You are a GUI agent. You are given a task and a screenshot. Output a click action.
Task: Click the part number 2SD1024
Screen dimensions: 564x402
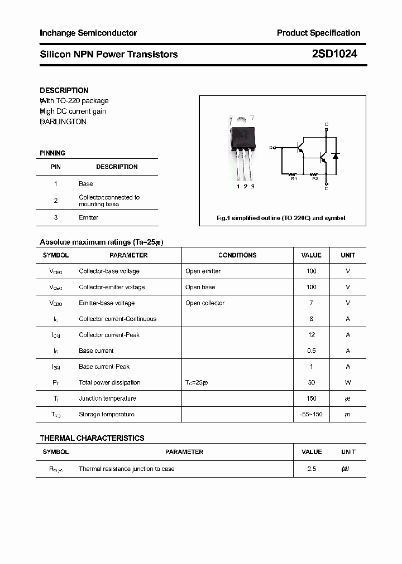click(x=334, y=54)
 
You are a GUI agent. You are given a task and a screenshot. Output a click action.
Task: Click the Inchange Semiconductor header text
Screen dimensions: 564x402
click(x=88, y=33)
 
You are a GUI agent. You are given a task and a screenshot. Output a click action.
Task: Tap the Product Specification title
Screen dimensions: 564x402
click(x=318, y=33)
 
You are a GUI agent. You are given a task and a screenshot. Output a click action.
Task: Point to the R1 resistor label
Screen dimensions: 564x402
click(x=294, y=178)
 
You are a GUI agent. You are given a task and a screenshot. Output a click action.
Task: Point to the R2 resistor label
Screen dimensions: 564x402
click(x=315, y=178)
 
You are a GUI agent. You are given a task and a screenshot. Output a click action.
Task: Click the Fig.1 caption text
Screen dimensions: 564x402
click(x=281, y=218)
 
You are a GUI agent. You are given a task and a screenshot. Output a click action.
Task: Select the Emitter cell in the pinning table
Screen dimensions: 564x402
click(x=88, y=217)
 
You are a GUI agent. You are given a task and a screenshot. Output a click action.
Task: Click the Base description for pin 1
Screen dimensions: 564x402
click(x=86, y=183)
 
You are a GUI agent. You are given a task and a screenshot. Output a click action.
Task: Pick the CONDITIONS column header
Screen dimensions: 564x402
click(x=237, y=255)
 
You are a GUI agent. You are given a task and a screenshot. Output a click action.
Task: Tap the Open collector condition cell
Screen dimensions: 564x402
click(x=205, y=303)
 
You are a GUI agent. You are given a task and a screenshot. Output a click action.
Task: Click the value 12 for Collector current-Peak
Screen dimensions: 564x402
click(x=312, y=335)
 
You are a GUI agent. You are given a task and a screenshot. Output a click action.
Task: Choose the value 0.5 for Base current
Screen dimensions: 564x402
click(x=312, y=351)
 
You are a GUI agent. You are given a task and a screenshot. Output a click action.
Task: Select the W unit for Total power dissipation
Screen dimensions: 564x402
click(x=348, y=382)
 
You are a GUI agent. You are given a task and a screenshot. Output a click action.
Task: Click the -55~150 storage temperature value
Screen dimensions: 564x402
click(x=312, y=414)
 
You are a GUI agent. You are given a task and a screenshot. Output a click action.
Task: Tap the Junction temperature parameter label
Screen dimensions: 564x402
click(x=107, y=398)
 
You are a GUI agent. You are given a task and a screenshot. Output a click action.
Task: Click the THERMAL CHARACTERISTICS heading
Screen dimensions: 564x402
click(x=92, y=438)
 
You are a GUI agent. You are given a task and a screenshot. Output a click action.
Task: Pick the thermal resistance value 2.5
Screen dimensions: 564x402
click(x=312, y=469)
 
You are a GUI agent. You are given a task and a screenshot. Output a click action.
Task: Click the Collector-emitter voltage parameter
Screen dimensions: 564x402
click(x=112, y=287)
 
